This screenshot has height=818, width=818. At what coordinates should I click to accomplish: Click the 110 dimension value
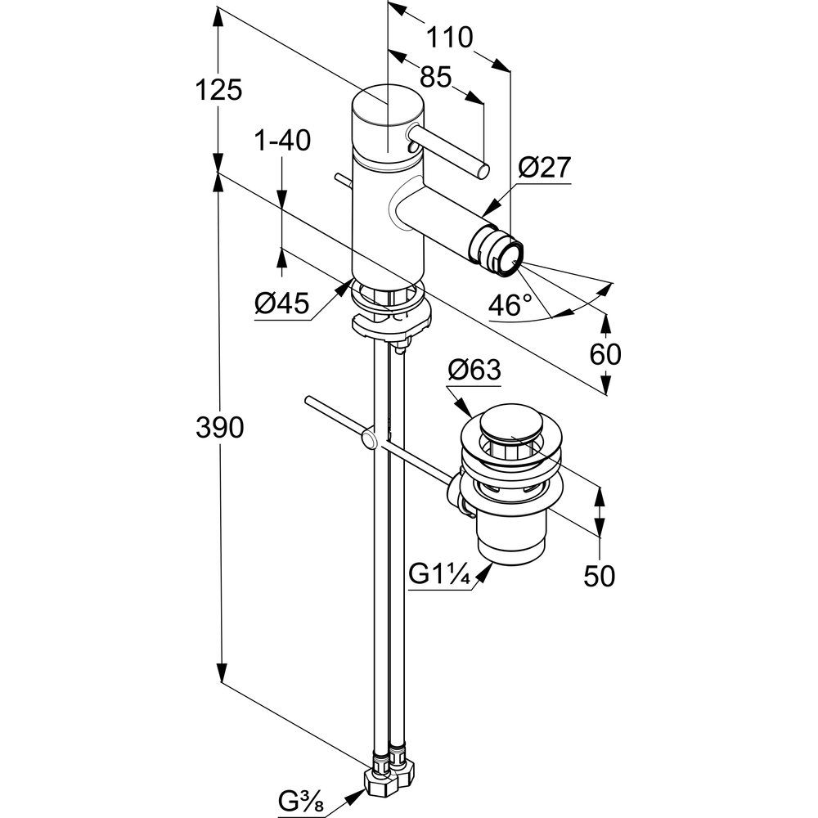[450, 38]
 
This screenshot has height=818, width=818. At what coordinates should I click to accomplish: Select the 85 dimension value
[435, 77]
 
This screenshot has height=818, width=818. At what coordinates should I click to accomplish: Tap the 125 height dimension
[218, 90]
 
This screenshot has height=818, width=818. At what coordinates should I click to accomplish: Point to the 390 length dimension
[219, 428]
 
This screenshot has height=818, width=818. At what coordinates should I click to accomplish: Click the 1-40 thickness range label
[282, 140]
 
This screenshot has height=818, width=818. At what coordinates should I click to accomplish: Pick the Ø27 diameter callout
[545, 168]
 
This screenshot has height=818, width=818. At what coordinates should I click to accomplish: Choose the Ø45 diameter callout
[281, 303]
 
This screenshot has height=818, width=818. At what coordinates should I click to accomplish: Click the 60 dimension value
[605, 355]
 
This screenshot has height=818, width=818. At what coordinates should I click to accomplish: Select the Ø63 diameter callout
[474, 370]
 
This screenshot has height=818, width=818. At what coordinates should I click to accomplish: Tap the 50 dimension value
[599, 576]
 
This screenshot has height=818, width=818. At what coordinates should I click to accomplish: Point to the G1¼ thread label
[440, 574]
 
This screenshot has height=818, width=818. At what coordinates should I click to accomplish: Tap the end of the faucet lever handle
[483, 171]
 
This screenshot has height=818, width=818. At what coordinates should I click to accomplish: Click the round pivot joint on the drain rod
[370, 439]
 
